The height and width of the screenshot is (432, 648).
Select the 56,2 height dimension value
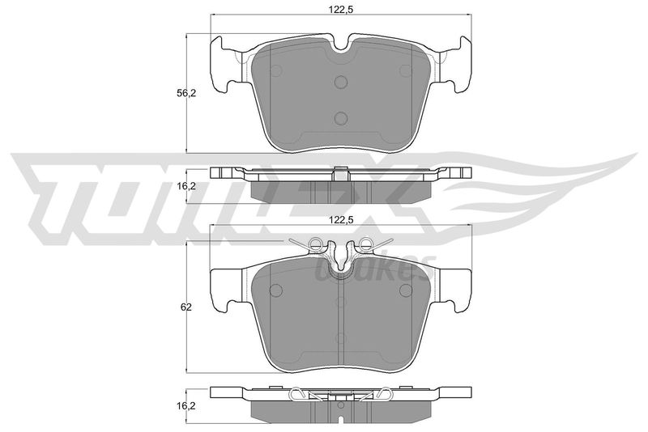pyautogui.click(x=187, y=93)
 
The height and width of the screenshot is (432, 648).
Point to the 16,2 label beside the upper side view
pyautogui.click(x=187, y=185)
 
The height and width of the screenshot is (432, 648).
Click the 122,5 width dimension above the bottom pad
pyautogui.click(x=341, y=219)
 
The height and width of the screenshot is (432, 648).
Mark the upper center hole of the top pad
pyautogui.click(x=341, y=81)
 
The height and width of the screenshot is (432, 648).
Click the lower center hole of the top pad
pyautogui.click(x=341, y=116)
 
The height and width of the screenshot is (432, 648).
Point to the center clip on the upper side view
pyautogui.click(x=341, y=172)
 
